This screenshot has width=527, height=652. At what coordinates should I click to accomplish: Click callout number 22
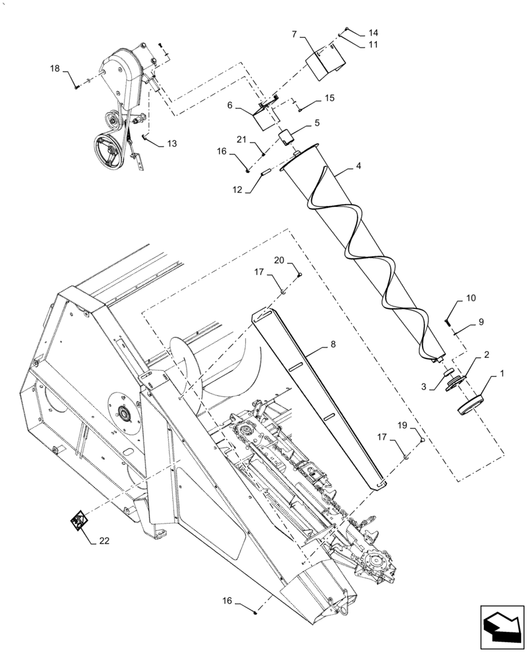(x=104, y=541)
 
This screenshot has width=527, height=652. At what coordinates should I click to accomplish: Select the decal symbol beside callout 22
(x=79, y=521)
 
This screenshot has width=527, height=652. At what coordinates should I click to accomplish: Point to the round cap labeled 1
(x=473, y=404)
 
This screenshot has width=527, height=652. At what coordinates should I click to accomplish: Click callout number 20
(x=279, y=261)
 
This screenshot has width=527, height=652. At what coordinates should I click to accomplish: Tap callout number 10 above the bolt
(x=470, y=298)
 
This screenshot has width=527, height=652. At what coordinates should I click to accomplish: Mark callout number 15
(x=330, y=98)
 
